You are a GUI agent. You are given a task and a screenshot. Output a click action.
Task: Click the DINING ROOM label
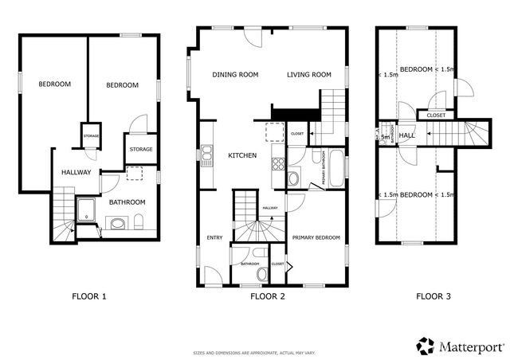(x=235, y=75)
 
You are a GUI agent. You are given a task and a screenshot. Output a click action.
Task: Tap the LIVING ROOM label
(x=309, y=75)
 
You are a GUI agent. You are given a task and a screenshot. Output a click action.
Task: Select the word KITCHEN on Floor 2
(x=242, y=155)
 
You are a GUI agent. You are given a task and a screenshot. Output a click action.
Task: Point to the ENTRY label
(x=214, y=237)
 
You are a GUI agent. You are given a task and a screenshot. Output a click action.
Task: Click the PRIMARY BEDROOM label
(x=316, y=237)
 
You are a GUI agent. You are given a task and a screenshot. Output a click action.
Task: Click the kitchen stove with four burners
(x=279, y=166)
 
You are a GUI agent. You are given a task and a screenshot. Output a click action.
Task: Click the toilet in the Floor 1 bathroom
(x=139, y=221)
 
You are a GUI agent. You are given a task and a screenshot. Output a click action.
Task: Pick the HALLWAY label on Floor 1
(x=76, y=172)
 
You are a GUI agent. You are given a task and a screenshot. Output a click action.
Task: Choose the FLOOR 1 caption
(x=88, y=296)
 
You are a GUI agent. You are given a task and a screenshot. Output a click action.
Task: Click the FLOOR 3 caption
(x=433, y=296)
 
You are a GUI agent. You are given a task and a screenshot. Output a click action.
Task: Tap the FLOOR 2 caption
(x=268, y=296)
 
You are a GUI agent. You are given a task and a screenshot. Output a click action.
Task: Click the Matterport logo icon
(x=426, y=344)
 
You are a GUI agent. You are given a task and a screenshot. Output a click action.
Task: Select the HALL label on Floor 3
(x=407, y=136)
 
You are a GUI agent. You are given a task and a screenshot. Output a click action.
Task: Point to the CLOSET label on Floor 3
(x=436, y=115)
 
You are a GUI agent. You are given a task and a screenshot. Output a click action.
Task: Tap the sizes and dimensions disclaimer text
(x=254, y=351)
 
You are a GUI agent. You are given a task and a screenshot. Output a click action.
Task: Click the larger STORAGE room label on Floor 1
(x=140, y=149)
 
